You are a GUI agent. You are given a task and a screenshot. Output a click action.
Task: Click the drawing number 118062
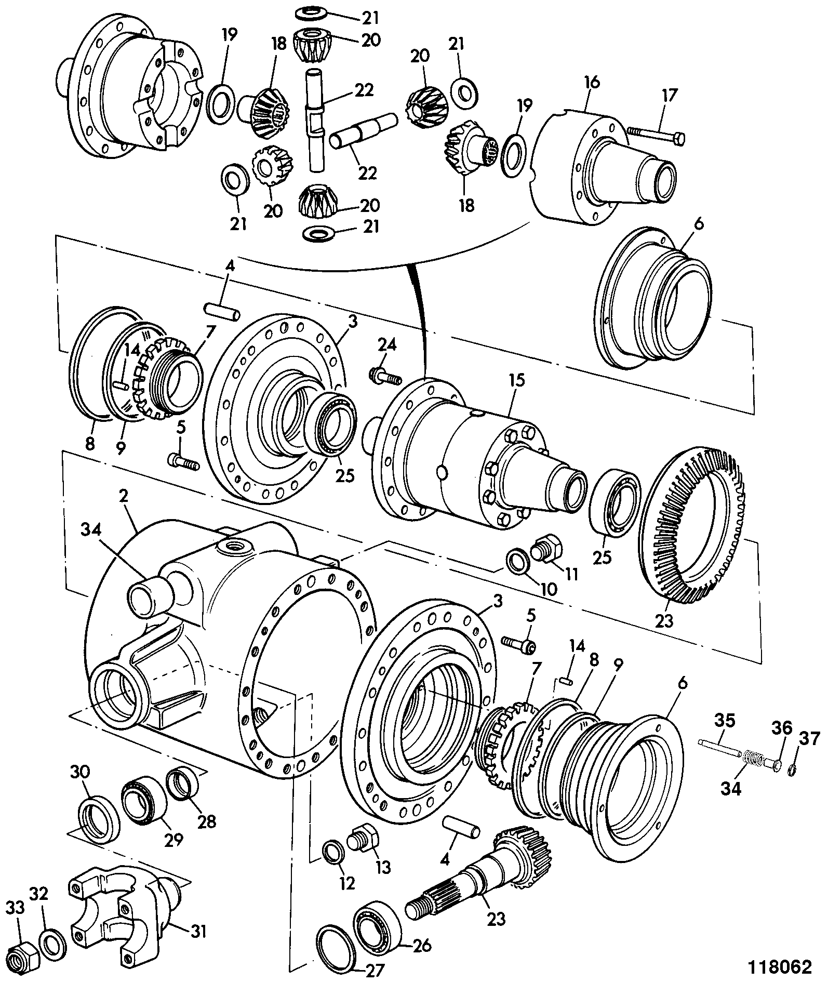(x=779, y=966)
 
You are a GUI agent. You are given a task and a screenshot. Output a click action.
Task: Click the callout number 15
(x=516, y=380)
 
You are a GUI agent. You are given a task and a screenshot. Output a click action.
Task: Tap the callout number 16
(x=592, y=82)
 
